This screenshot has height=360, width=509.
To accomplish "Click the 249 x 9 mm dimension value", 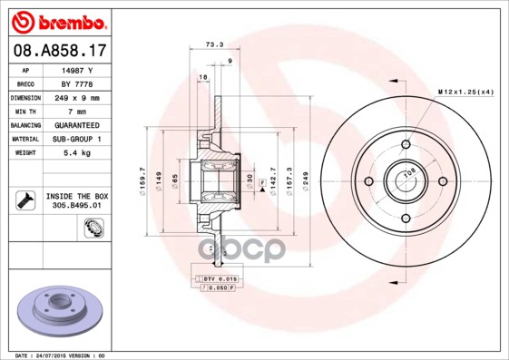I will point(76,96).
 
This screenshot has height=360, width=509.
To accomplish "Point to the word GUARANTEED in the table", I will point(76,124).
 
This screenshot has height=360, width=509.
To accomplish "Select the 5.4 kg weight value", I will point(76,153).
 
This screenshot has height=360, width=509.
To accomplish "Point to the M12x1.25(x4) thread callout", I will point(465,92).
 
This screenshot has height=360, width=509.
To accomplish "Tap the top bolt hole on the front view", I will point(406,144).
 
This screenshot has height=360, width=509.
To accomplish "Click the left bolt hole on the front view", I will point(368,181).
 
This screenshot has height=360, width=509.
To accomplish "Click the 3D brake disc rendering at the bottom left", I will point(59,313).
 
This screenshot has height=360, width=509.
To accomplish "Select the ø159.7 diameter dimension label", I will point(142,179).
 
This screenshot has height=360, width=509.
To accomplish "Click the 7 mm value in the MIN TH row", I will point(76,110).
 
